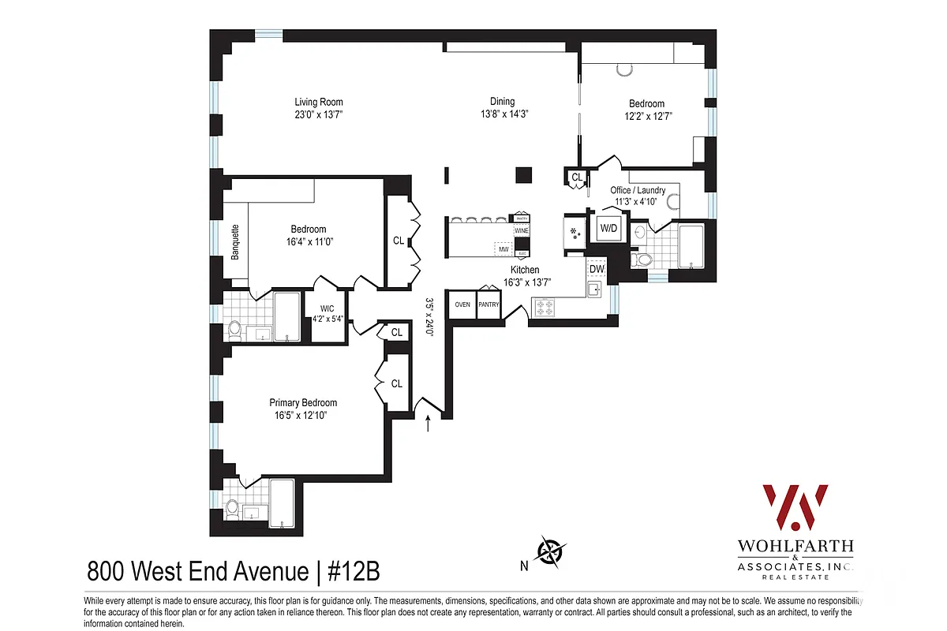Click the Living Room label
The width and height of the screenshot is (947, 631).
(319, 102)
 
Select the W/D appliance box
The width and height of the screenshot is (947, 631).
(608, 228)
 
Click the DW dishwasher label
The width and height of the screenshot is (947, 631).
(597, 270)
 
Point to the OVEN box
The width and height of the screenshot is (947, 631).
(462, 304)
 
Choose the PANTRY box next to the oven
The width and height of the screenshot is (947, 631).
(489, 304)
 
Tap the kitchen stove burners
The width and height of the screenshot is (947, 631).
(545, 307)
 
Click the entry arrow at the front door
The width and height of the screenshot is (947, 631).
(429, 424)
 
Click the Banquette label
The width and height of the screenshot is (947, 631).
(234, 242)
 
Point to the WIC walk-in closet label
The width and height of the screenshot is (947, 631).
(328, 308)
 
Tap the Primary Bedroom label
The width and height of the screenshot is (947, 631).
(303, 402)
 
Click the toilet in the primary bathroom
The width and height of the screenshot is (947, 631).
(231, 510)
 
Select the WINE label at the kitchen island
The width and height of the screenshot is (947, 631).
(521, 231)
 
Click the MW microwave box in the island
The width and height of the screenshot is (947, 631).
(503, 249)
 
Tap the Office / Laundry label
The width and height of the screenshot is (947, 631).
(638, 190)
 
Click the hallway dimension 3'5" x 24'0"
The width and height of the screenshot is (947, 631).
(430, 316)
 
